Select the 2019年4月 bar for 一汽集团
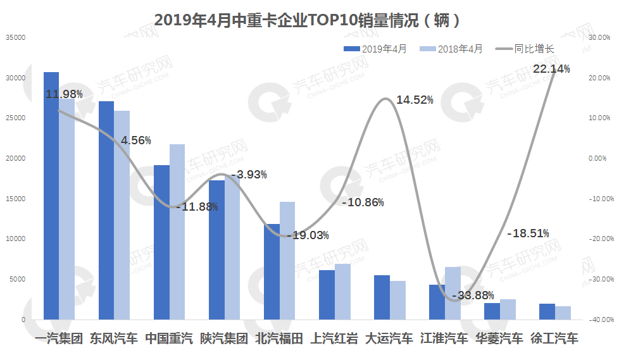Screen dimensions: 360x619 coord(51,196)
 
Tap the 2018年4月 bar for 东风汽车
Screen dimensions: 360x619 coord(122,215)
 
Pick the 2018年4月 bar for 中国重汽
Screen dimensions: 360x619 coord(177,232)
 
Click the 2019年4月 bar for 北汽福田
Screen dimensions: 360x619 coord(272,271)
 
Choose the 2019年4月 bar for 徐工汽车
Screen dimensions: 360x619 coord(547,311)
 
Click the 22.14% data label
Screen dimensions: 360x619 coord(551,68)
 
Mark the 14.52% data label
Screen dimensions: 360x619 coord(415,100)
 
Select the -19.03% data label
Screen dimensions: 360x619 coord(308,235)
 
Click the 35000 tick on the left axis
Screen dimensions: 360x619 coord(15,37)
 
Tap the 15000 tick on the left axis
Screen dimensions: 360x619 coord(15,199)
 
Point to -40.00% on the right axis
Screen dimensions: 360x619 coord(599,320)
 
